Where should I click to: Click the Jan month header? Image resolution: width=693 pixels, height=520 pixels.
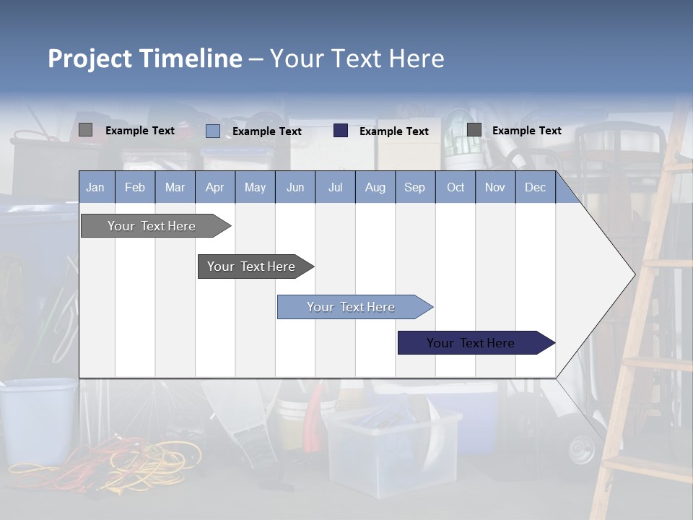(96, 187)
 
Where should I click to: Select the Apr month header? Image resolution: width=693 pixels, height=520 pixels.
(215, 187)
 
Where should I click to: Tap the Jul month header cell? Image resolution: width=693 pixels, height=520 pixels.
(335, 187)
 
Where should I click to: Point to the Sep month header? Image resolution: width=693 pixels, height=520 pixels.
(414, 187)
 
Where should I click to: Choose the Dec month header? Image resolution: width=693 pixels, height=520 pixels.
(535, 187)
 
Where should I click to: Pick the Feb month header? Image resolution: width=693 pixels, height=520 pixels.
(135, 187)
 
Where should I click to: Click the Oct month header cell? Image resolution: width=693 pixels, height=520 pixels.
(456, 187)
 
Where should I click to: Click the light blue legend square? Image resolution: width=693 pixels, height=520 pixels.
(213, 131)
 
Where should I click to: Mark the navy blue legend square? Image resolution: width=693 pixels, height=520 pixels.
(341, 131)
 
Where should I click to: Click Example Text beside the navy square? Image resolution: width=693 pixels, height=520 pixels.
(393, 131)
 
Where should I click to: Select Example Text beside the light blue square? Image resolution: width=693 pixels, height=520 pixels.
(266, 131)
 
